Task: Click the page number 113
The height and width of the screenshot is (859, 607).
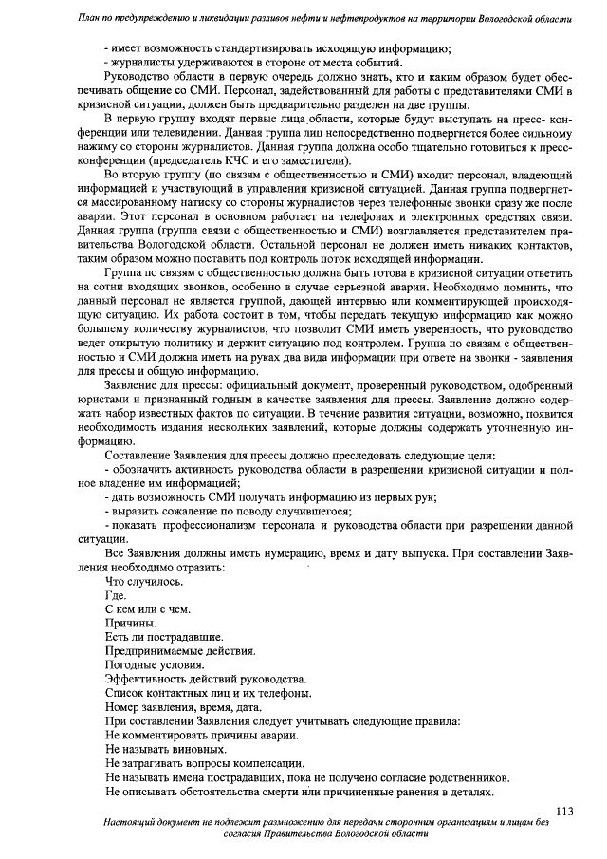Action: [x=565, y=810]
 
